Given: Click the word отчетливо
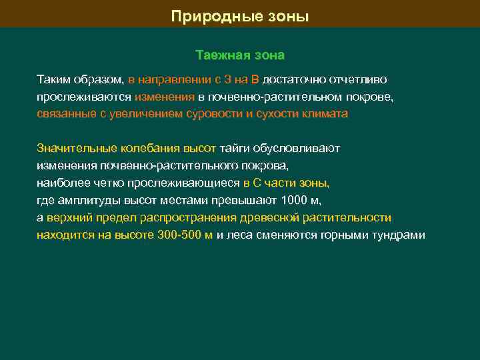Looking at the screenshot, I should tap(354, 79).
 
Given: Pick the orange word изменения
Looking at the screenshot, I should tap(165, 97).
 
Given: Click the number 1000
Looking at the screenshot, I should tap(295, 201).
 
